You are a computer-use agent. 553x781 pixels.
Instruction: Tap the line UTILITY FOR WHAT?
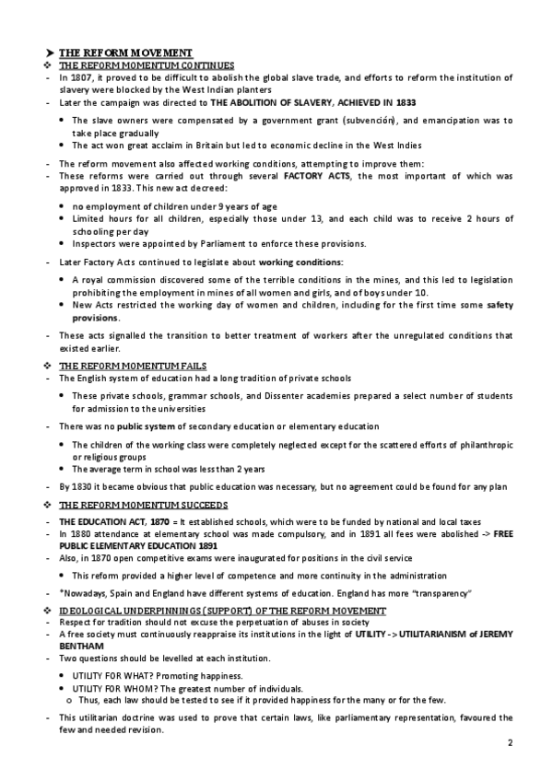(x=121, y=676)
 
